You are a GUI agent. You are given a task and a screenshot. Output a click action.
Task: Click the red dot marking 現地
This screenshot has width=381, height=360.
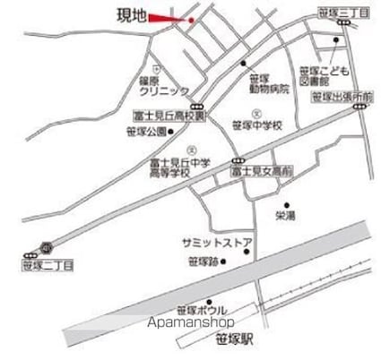pos(191,20)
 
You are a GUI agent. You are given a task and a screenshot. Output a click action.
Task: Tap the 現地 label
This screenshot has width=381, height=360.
pos(132,17)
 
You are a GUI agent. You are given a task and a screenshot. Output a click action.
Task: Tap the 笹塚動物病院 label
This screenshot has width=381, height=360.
pos(268,83)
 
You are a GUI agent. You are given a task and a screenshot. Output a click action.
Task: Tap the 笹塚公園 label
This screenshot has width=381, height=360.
pos(149,132)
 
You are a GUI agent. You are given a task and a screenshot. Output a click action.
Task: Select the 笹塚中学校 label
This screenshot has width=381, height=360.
pos(257,125)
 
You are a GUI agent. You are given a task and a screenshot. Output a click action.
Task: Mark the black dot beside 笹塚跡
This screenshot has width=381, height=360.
pos(223,262)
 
